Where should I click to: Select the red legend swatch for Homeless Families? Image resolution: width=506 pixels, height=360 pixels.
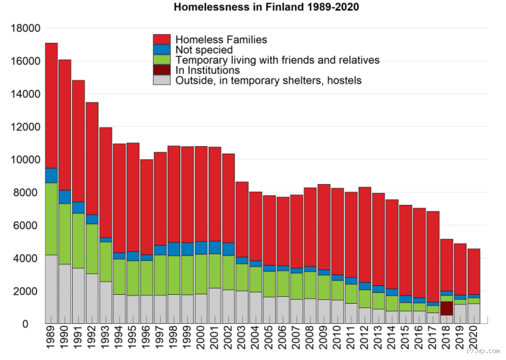pos(163,39)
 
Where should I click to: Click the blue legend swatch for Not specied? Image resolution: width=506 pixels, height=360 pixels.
pos(163,49)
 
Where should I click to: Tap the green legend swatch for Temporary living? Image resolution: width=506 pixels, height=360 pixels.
pos(163,59)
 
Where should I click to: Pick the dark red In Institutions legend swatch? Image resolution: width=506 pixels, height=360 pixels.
pos(163,70)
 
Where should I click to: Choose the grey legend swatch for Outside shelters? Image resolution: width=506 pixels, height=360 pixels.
pos(163,80)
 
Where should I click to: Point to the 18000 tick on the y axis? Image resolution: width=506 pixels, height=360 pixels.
pos(25,28)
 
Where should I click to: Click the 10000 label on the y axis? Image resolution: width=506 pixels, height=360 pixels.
pos(25,160)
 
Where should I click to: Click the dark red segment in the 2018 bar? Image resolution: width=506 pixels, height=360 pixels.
pos(447,308)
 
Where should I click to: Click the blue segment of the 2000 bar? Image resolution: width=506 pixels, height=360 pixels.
pos(201,247)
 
